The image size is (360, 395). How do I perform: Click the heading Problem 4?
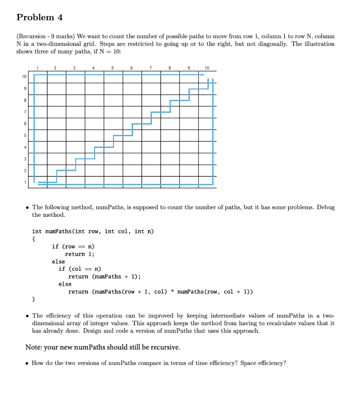(40, 18)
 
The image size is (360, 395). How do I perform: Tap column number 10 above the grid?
(207, 68)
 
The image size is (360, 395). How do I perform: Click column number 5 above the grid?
(113, 68)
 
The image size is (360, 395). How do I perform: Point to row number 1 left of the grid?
(25, 182)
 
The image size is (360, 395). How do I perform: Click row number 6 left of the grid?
(25, 123)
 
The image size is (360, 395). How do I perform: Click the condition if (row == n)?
(73, 246)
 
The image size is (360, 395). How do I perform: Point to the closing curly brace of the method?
(34, 299)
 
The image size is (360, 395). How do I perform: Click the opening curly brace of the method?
(34, 239)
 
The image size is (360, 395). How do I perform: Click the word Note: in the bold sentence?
(34, 347)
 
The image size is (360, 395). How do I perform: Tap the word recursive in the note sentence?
(163, 347)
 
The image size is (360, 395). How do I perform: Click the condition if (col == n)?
(80, 269)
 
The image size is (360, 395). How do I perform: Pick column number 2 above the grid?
(55, 68)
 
